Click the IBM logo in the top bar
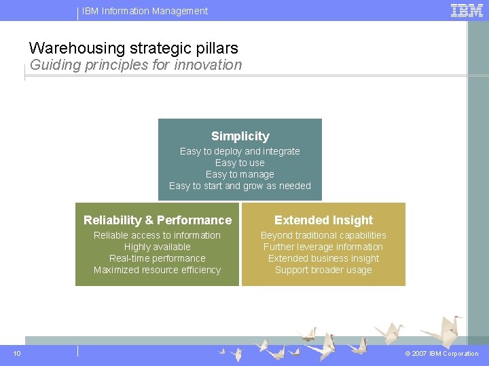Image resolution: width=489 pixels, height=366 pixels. point(467,10)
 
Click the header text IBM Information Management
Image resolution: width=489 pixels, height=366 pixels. point(145,11)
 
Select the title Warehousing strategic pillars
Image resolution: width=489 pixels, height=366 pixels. point(134,48)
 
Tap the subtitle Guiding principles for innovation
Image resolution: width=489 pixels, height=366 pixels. point(136,65)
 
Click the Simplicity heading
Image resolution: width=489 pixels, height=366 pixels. point(240,136)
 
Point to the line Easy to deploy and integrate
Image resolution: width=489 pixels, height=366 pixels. point(240,151)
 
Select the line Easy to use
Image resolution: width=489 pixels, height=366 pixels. point(240,163)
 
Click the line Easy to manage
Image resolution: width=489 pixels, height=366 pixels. point(240,174)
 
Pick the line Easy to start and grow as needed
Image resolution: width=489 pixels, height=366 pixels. point(240,186)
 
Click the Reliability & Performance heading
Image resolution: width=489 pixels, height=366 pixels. point(158,220)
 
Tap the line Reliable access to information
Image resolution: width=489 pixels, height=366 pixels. point(157,235)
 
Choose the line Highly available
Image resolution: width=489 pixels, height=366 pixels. point(157,247)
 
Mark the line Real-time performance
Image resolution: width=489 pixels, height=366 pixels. point(157,258)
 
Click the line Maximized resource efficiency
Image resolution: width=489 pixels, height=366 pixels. point(157,270)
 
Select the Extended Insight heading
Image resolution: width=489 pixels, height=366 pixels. point(323,220)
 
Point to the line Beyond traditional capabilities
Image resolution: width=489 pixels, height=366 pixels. point(323,235)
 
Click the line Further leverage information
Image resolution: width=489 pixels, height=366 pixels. point(323,247)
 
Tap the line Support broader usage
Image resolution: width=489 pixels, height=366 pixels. point(323,270)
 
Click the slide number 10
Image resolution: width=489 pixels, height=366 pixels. point(17,354)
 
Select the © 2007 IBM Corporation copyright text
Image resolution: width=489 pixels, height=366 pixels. point(441,354)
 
